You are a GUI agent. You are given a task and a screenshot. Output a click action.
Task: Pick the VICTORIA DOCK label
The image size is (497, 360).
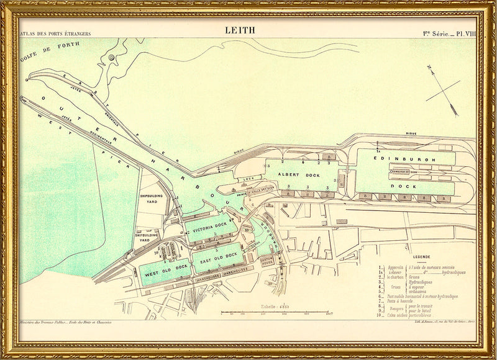(x=211, y=230)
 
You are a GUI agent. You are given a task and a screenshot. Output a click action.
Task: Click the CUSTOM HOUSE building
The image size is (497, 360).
(x=267, y=261)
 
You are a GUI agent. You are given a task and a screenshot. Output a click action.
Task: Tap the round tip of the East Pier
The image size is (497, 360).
(x=28, y=79)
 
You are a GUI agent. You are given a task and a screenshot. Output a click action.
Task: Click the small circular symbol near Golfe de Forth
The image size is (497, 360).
(x=111, y=57)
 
